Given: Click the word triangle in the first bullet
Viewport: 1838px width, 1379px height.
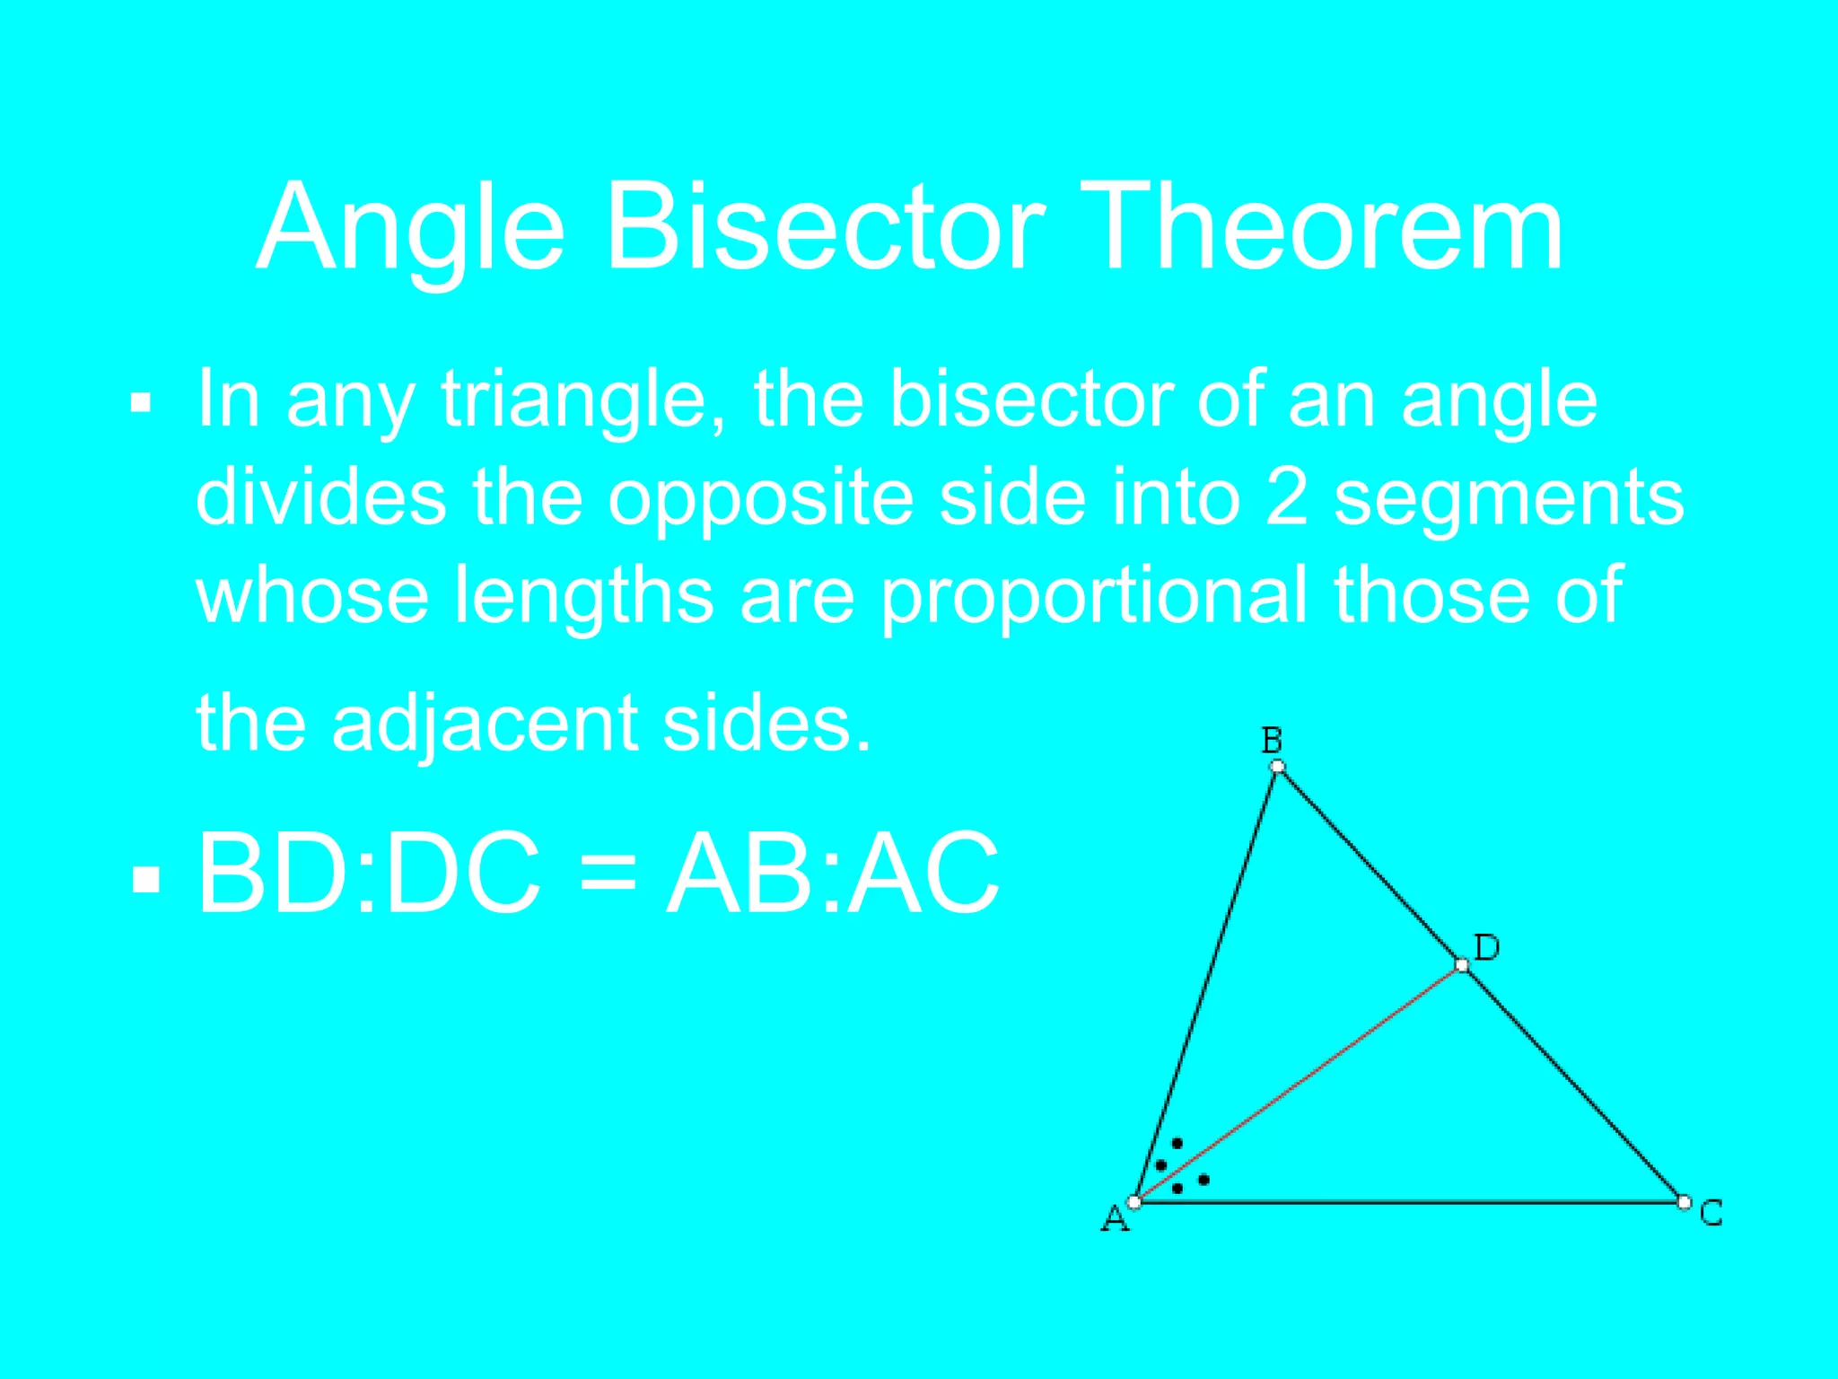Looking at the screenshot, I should click(x=584, y=400).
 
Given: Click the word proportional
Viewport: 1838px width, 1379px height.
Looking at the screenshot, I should click(x=1093, y=596).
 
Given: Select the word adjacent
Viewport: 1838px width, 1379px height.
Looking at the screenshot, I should click(x=486, y=724).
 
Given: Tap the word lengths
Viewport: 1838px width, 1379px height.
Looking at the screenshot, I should click(x=584, y=596).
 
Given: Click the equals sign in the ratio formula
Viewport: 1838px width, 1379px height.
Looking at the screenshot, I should click(x=608, y=874).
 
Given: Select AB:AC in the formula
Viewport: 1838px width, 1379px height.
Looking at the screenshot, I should click(x=833, y=874).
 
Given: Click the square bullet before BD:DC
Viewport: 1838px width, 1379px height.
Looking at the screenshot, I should click(x=145, y=880).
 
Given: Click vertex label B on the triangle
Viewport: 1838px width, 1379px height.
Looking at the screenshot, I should click(x=1272, y=740).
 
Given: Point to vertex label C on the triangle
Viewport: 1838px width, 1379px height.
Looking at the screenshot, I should click(x=1711, y=1212).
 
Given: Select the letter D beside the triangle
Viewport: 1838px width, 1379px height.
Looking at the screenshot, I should click(x=1486, y=947).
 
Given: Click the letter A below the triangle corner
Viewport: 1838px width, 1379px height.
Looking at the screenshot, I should click(x=1115, y=1219).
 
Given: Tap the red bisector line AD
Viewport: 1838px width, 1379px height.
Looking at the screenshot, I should click(x=1298, y=1084).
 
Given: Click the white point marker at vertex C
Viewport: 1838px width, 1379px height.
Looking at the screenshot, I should click(x=1684, y=1201).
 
